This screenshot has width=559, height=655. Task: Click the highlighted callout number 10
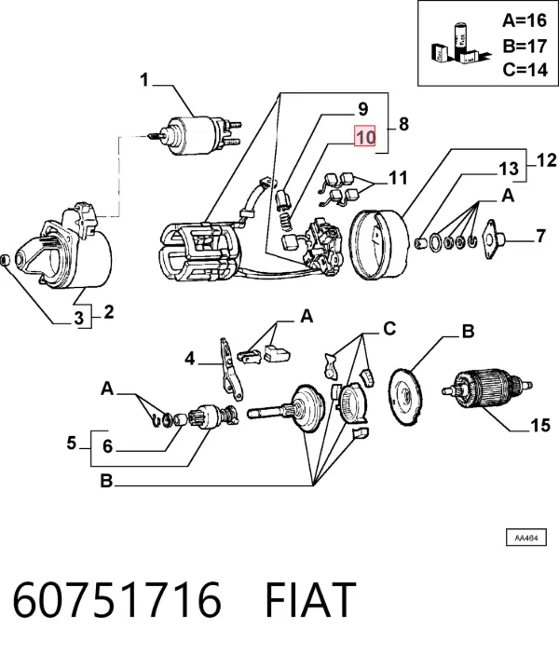click(365, 136)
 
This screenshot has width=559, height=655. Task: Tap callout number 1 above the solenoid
click(144, 80)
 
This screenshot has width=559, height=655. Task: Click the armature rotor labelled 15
click(487, 389)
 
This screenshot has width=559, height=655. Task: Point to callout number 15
click(539, 426)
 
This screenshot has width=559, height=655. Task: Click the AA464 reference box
click(526, 538)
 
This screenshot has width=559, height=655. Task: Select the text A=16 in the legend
click(525, 20)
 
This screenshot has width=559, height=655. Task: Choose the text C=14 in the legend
click(525, 69)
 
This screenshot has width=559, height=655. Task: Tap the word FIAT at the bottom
click(310, 600)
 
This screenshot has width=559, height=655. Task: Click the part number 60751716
click(116, 600)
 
